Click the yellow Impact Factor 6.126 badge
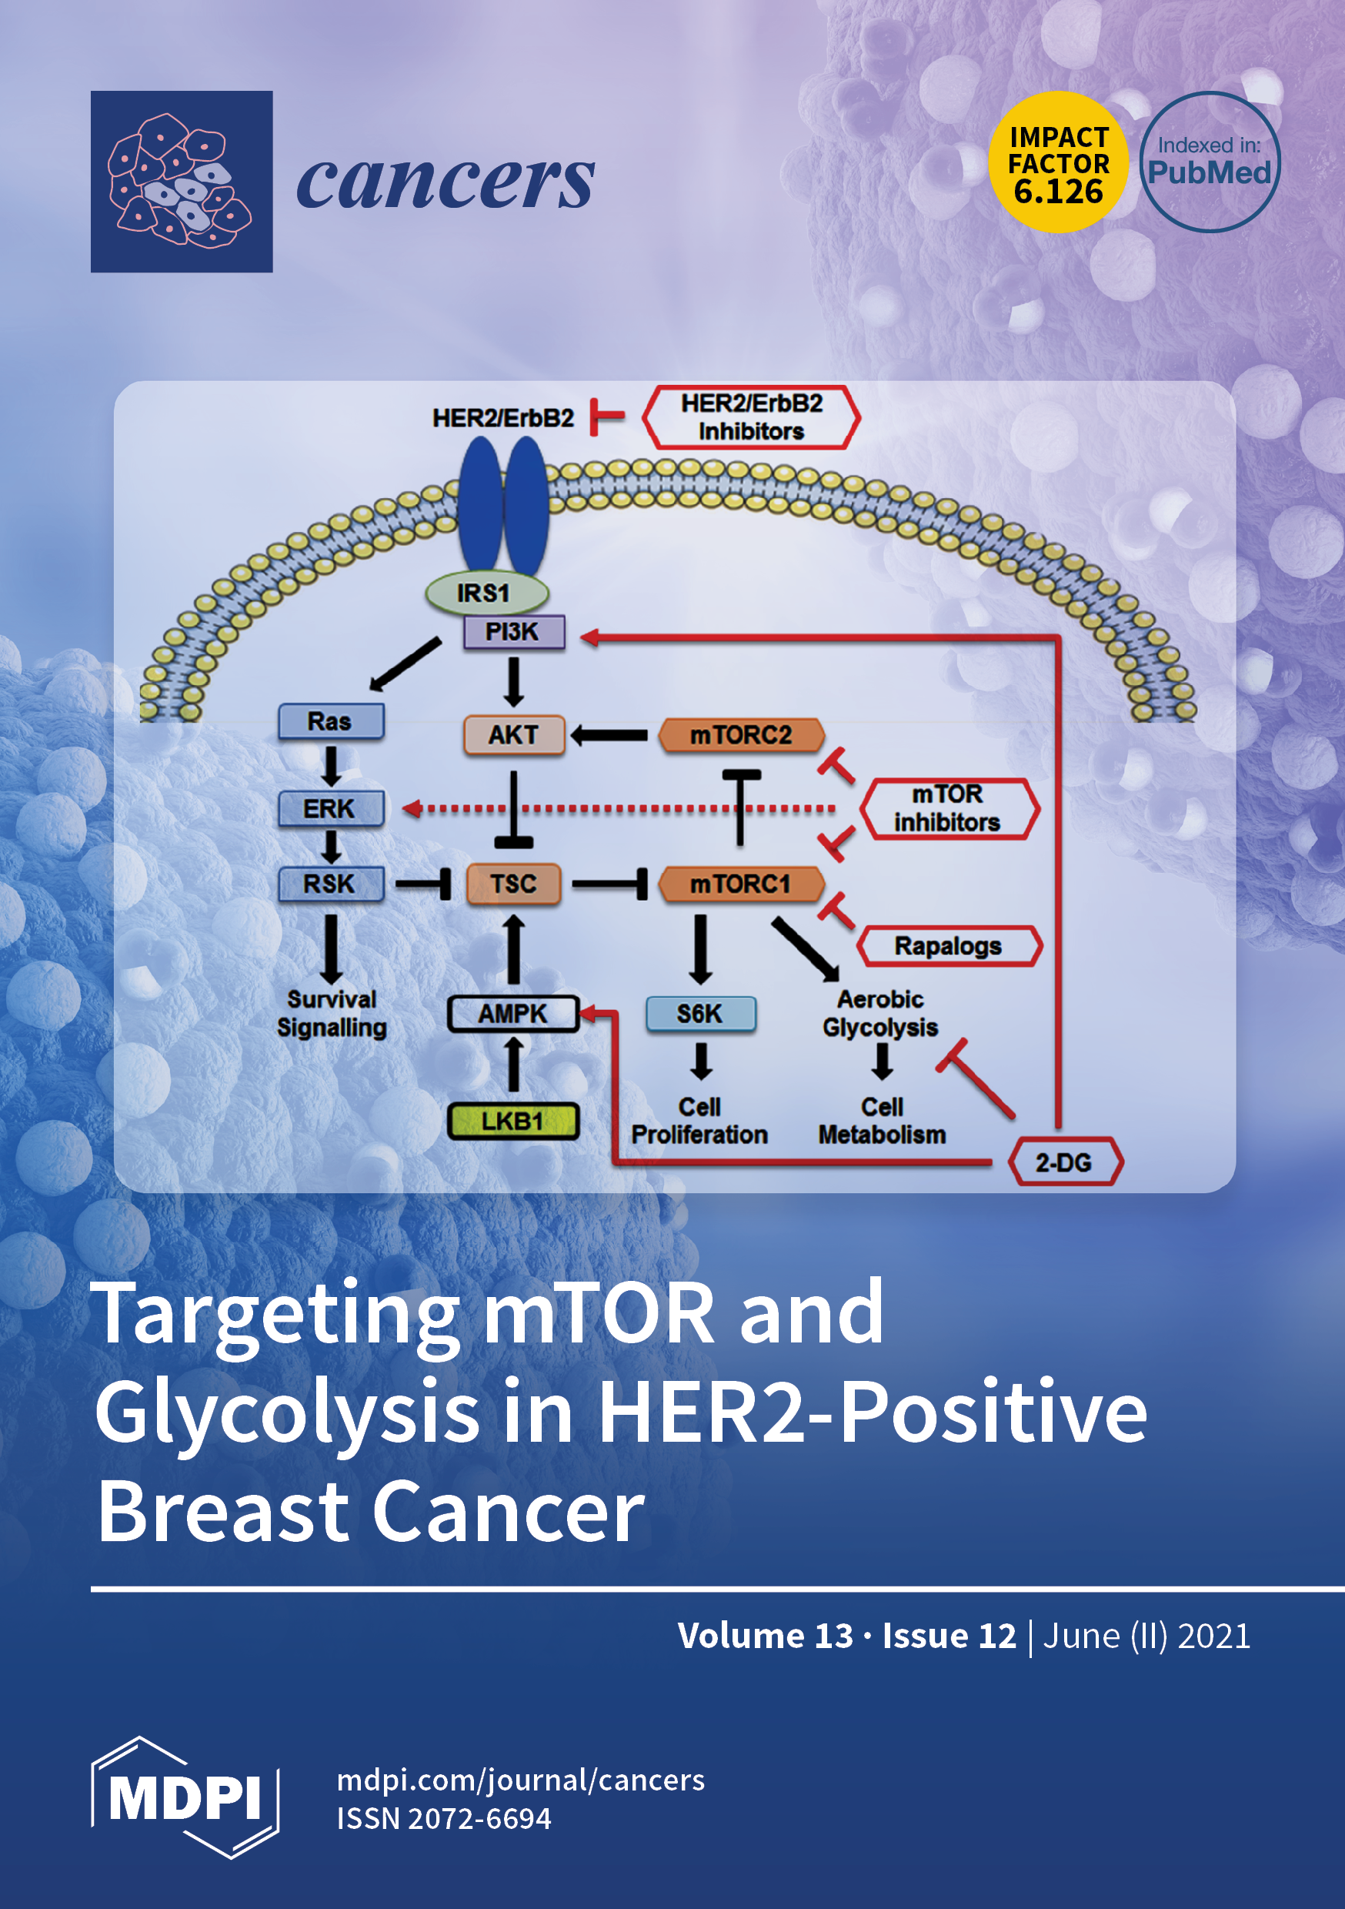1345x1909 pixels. tap(1057, 162)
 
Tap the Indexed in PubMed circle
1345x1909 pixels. tap(1209, 162)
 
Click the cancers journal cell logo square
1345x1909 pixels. tap(182, 181)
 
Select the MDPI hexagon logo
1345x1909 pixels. tap(185, 1797)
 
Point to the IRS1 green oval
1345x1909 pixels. tap(486, 593)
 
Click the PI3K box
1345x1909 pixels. tap(513, 632)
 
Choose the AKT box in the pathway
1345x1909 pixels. tap(513, 735)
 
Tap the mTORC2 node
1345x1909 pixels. tap(741, 735)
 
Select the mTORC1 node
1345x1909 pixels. tap(741, 883)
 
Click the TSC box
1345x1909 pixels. tap(513, 883)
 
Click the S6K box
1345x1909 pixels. tap(700, 1014)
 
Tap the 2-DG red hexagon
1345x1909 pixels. tap(1064, 1162)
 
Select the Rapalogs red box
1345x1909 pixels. tap(949, 946)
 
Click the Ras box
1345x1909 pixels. tap(330, 720)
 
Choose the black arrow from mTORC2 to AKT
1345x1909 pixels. tap(610, 735)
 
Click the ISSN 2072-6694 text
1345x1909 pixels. tap(443, 1818)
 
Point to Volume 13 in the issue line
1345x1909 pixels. tap(765, 1636)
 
